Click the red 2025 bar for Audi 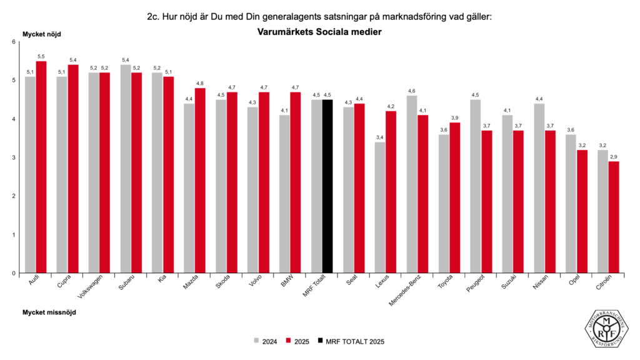click(x=41, y=167)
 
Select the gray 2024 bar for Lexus click(x=380, y=207)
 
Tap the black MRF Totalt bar click(x=327, y=186)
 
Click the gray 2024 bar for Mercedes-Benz click(x=412, y=184)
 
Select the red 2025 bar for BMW click(x=296, y=182)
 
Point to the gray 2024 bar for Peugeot click(x=475, y=186)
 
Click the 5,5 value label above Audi click(x=41, y=57)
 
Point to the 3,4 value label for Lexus click(x=380, y=137)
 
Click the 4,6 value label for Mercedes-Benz click(x=412, y=91)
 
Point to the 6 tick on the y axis click(x=14, y=42)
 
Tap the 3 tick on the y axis click(x=14, y=157)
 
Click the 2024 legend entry click(x=265, y=341)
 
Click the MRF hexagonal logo click(x=607, y=326)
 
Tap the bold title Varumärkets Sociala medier click(x=319, y=31)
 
